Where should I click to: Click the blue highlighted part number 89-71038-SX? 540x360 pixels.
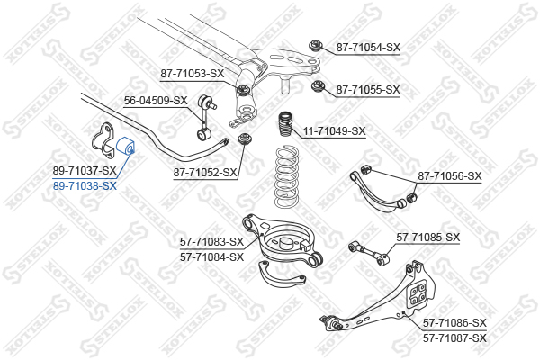pyautogui.click(x=85, y=186)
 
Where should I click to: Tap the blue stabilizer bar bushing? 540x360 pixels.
pyautogui.click(x=126, y=146)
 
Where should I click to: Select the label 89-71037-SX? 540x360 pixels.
pyautogui.click(x=85, y=170)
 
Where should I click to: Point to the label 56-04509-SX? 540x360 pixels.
pyautogui.click(x=156, y=101)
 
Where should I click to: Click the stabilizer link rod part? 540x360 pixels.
pyautogui.click(x=206, y=118)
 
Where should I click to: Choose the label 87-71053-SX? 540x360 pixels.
pyautogui.click(x=193, y=74)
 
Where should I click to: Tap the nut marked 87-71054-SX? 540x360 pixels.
pyautogui.click(x=315, y=45)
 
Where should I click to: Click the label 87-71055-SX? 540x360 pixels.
pyautogui.click(x=368, y=90)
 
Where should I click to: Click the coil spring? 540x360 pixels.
pyautogui.click(x=286, y=177)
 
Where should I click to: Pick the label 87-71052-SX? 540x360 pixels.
pyautogui.click(x=205, y=172)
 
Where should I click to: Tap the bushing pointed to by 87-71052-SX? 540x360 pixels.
pyautogui.click(x=245, y=139)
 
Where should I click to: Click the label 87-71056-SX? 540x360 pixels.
pyautogui.click(x=450, y=176)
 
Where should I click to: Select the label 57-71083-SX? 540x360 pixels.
pyautogui.click(x=211, y=242)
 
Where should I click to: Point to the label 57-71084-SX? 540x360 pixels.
pyautogui.click(x=211, y=257)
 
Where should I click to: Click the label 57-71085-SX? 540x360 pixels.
pyautogui.click(x=428, y=238)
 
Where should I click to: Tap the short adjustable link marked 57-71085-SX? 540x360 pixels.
pyautogui.click(x=368, y=253)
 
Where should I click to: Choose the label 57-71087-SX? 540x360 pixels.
pyautogui.click(x=454, y=338)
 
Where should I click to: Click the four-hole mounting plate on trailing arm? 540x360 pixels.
pyautogui.click(x=418, y=292)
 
